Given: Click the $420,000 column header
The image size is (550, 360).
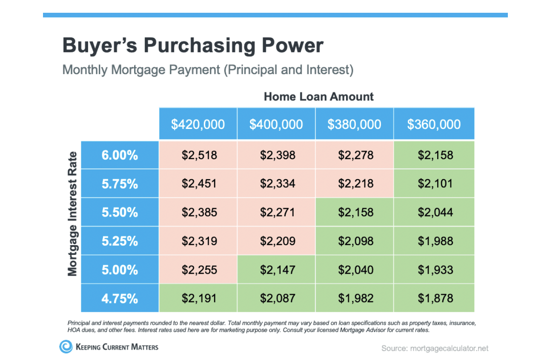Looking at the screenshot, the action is (x=198, y=124).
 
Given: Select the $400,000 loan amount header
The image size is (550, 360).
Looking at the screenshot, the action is (x=276, y=124).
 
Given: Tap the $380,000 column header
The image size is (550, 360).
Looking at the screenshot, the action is (x=355, y=124).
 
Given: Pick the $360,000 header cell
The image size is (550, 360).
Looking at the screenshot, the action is (x=434, y=124).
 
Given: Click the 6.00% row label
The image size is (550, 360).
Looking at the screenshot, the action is (x=120, y=155).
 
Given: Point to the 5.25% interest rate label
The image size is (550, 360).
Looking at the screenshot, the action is (x=120, y=241).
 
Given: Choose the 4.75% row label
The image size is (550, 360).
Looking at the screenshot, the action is (x=120, y=298).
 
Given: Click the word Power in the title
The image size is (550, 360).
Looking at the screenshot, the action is (x=293, y=45).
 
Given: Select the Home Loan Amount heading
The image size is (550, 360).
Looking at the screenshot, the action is (x=319, y=97).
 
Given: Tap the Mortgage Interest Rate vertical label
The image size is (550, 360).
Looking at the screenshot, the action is (x=72, y=214).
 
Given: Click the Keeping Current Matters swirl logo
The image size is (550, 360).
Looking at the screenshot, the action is (x=66, y=346).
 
